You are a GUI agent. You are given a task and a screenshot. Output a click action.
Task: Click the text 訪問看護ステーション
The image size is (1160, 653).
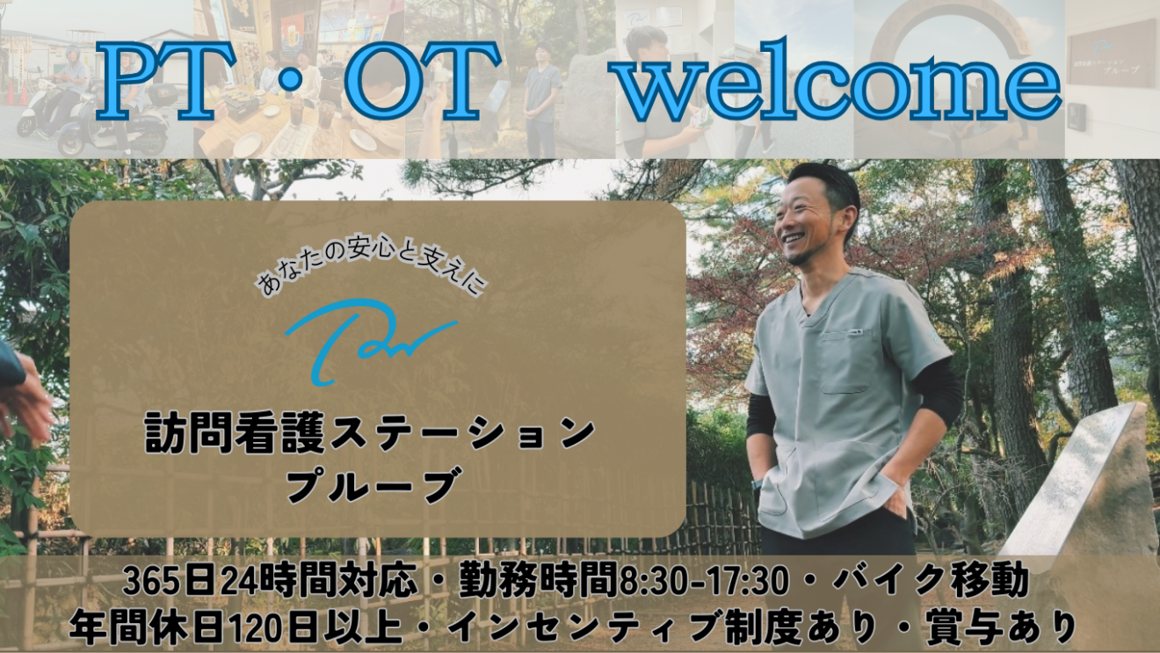(x=370, y=434)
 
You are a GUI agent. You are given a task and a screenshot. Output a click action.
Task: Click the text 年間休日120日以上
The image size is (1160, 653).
(x=236, y=628)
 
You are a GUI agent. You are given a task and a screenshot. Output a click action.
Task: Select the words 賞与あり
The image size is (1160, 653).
(x=1002, y=628)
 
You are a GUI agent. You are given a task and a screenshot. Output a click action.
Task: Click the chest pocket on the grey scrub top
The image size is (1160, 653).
(x=845, y=361)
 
